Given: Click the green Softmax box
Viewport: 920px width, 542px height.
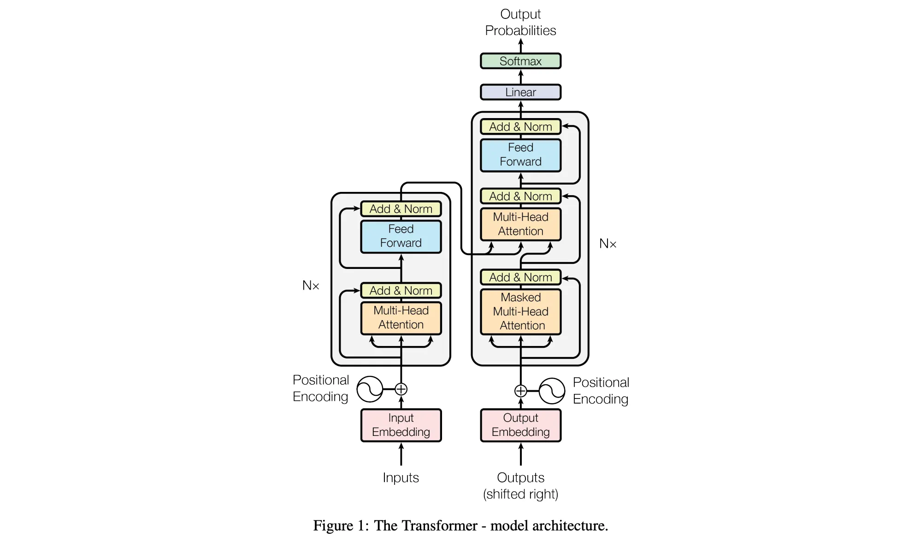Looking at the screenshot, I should click(520, 61).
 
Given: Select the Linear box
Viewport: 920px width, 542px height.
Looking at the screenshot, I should click(520, 92).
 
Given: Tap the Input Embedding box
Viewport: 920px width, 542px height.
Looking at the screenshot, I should click(401, 425).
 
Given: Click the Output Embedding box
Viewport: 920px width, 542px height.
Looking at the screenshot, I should click(520, 425).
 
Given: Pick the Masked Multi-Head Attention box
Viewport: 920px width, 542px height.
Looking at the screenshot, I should click(520, 311).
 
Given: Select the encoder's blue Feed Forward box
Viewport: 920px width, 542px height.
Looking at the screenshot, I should click(401, 236).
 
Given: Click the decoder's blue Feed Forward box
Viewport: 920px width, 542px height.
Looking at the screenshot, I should click(520, 155).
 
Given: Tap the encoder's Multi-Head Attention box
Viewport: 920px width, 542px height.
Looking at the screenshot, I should click(401, 317).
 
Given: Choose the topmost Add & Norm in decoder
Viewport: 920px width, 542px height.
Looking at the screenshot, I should click(520, 126).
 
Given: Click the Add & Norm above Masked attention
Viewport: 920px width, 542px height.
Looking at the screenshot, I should click(520, 277).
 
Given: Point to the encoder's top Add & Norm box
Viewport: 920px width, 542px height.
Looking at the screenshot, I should click(401, 209).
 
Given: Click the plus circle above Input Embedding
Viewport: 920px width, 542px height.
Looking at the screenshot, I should click(401, 389).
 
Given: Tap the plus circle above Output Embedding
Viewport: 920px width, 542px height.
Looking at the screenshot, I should click(520, 391).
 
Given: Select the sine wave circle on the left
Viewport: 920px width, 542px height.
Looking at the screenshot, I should click(370, 389).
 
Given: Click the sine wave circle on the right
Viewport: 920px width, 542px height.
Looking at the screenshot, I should click(552, 391).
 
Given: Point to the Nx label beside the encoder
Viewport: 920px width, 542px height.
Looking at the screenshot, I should click(311, 286).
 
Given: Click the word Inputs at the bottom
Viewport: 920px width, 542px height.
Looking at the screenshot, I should click(401, 477).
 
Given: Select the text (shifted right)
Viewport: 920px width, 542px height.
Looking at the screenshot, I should click(520, 494).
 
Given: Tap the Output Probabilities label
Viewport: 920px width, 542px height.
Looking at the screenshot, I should click(520, 22).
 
